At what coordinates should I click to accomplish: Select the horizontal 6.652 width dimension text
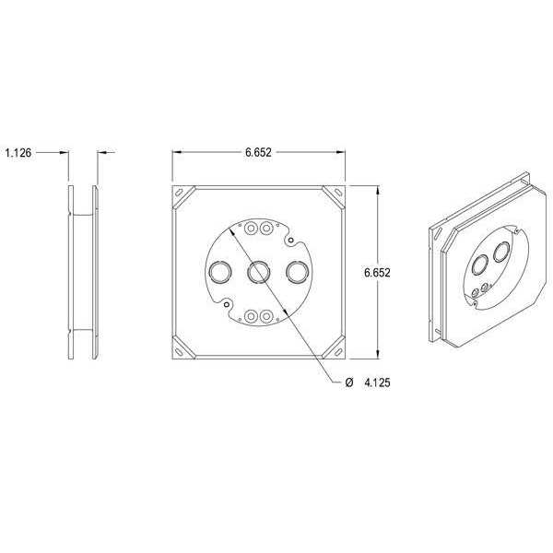click(258, 152)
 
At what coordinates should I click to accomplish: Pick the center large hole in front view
click(259, 272)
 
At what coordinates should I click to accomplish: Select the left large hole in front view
click(220, 272)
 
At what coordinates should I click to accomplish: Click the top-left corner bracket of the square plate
click(184, 196)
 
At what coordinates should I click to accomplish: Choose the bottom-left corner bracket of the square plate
click(184, 348)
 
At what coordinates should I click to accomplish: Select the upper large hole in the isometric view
click(502, 252)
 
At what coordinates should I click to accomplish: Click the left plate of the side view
click(72, 273)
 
